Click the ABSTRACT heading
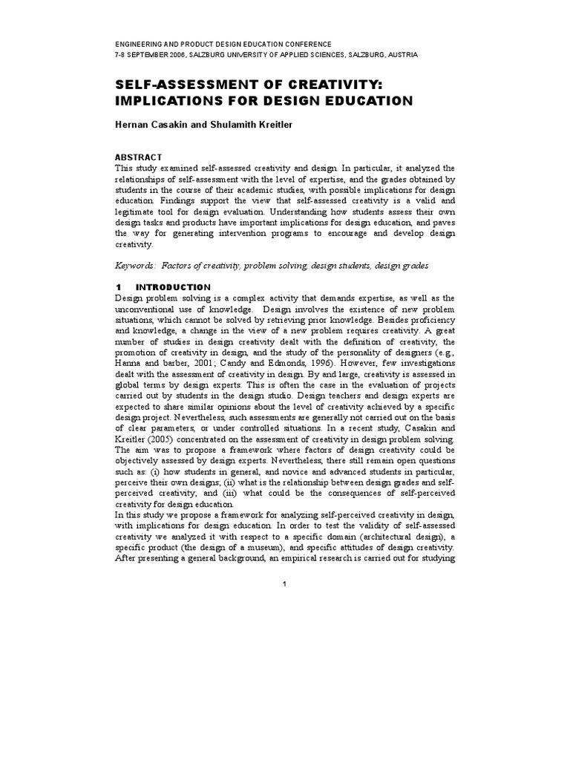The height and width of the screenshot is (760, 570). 137,157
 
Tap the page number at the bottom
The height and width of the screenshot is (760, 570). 284,584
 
